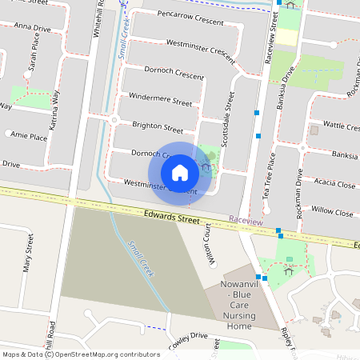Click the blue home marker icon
pyautogui.click(x=180, y=172)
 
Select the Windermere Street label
pyautogui.click(x=161, y=103)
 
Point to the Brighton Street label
pyautogui.click(x=157, y=127)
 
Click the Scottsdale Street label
pyautogui.click(x=229, y=111)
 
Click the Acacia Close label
pyautogui.click(x=335, y=184)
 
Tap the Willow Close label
pyautogui.click(x=333, y=213)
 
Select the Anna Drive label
pyautogui.click(x=32, y=28)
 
